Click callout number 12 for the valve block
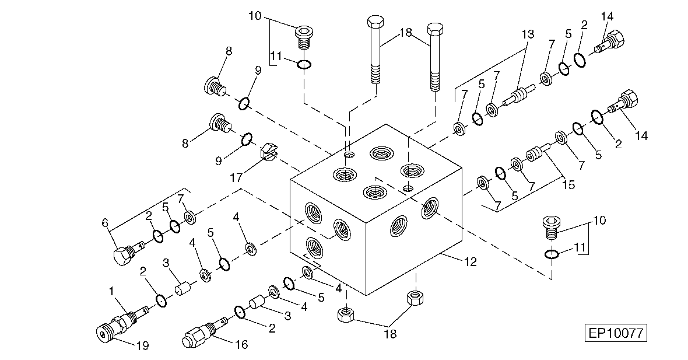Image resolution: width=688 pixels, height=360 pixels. [471, 262]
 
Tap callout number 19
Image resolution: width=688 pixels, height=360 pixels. [142, 345]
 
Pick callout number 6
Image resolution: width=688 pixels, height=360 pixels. [106, 222]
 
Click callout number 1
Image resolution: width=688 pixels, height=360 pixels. [111, 290]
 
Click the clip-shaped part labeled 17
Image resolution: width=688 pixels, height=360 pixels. [266, 152]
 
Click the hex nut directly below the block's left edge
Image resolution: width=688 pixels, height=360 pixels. [345, 316]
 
